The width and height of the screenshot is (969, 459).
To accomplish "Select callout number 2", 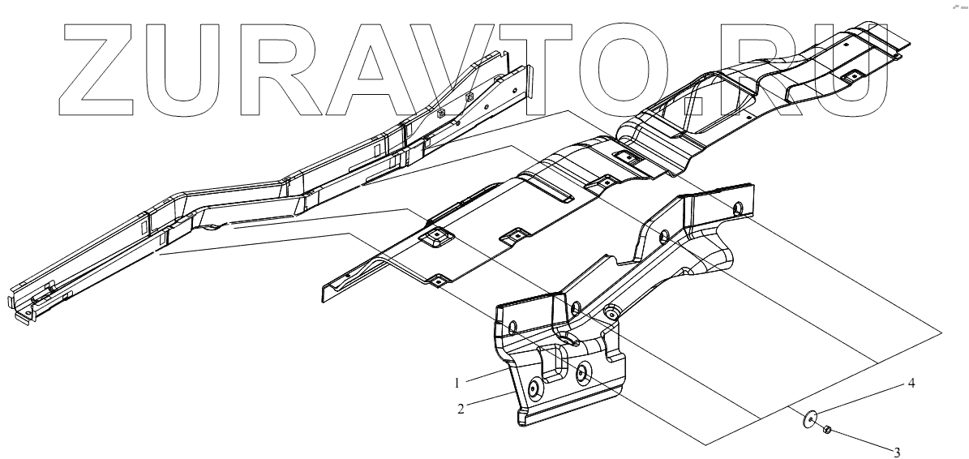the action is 461,409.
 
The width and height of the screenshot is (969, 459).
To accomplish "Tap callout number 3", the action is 896,452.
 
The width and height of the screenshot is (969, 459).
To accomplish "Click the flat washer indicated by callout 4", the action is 809,420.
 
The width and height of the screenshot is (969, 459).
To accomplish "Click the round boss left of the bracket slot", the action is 534,388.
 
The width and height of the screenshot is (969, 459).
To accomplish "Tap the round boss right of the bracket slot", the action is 583,372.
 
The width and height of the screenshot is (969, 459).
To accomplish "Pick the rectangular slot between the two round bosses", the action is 555,363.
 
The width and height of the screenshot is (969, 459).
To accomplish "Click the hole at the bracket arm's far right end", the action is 737,209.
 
